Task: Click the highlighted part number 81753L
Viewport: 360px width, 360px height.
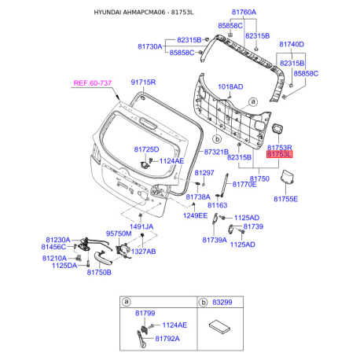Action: pyautogui.click(x=279, y=154)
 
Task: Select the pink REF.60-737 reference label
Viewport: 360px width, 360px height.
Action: pyautogui.click(x=93, y=83)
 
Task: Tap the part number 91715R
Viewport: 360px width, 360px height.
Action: pyautogui.click(x=143, y=83)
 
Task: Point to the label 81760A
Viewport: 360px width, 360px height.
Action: pyautogui.click(x=244, y=12)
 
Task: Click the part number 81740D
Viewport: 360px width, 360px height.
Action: pyautogui.click(x=292, y=44)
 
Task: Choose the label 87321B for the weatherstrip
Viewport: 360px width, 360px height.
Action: pyautogui.click(x=216, y=152)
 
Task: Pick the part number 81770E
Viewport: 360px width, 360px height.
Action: pyautogui.click(x=244, y=185)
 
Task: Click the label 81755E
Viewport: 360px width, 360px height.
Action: pyautogui.click(x=286, y=199)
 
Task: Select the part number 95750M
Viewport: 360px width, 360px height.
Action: pyautogui.click(x=119, y=233)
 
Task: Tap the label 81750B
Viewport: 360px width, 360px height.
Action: pyautogui.click(x=99, y=273)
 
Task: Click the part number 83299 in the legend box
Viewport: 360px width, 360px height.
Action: pyautogui.click(x=222, y=303)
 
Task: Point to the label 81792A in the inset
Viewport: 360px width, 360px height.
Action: pyautogui.click(x=167, y=339)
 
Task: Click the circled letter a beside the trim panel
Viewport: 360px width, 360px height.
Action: pyautogui.click(x=253, y=101)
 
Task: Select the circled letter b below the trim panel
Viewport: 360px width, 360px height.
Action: pyautogui.click(x=217, y=139)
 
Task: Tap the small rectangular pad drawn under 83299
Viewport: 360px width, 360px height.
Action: pyautogui.click(x=219, y=327)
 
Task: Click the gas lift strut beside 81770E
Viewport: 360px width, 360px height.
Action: pyautogui.click(x=224, y=185)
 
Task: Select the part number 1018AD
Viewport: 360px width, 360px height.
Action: pyautogui.click(x=230, y=86)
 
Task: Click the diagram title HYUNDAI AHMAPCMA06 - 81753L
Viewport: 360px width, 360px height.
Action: pyautogui.click(x=144, y=13)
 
